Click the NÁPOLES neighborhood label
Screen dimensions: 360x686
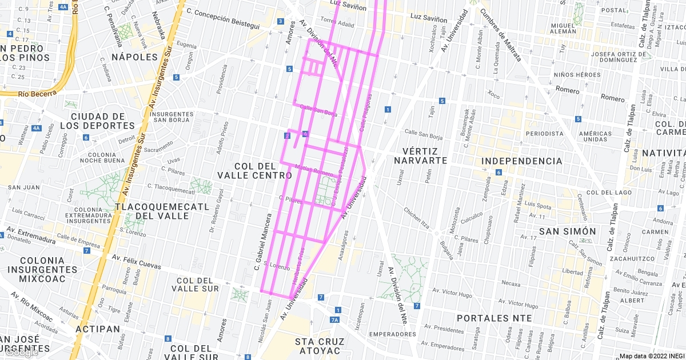[x=134, y=57]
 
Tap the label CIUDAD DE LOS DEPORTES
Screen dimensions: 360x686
[x=95, y=121]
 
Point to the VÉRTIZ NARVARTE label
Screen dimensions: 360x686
[x=420, y=155]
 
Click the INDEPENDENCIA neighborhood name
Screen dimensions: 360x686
[x=522, y=161]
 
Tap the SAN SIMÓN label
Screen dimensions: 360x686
[x=568, y=231]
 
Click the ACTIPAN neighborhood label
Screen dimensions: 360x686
[x=98, y=329]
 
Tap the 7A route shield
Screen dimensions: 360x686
[x=335, y=320]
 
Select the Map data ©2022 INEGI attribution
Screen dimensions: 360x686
[x=651, y=356]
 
